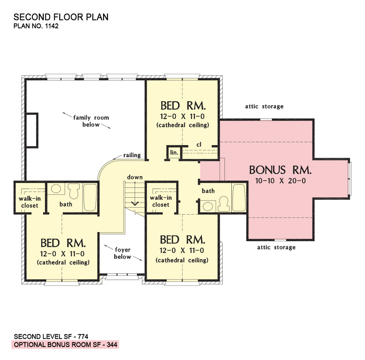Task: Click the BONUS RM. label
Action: [281, 169]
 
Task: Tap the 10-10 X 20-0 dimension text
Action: [281, 181]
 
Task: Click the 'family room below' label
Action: [91, 121]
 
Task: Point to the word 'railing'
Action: [132, 155]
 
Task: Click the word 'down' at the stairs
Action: [135, 177]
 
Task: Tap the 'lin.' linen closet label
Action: [174, 152]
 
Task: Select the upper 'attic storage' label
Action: [264, 106]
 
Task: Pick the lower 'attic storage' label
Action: [276, 247]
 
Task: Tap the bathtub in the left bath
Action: [90, 197]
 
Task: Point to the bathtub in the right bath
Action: [238, 197]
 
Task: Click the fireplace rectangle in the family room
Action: [31, 130]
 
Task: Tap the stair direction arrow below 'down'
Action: [135, 204]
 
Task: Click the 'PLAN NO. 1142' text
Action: [36, 26]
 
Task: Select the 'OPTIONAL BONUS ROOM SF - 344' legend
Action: [65, 345]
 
